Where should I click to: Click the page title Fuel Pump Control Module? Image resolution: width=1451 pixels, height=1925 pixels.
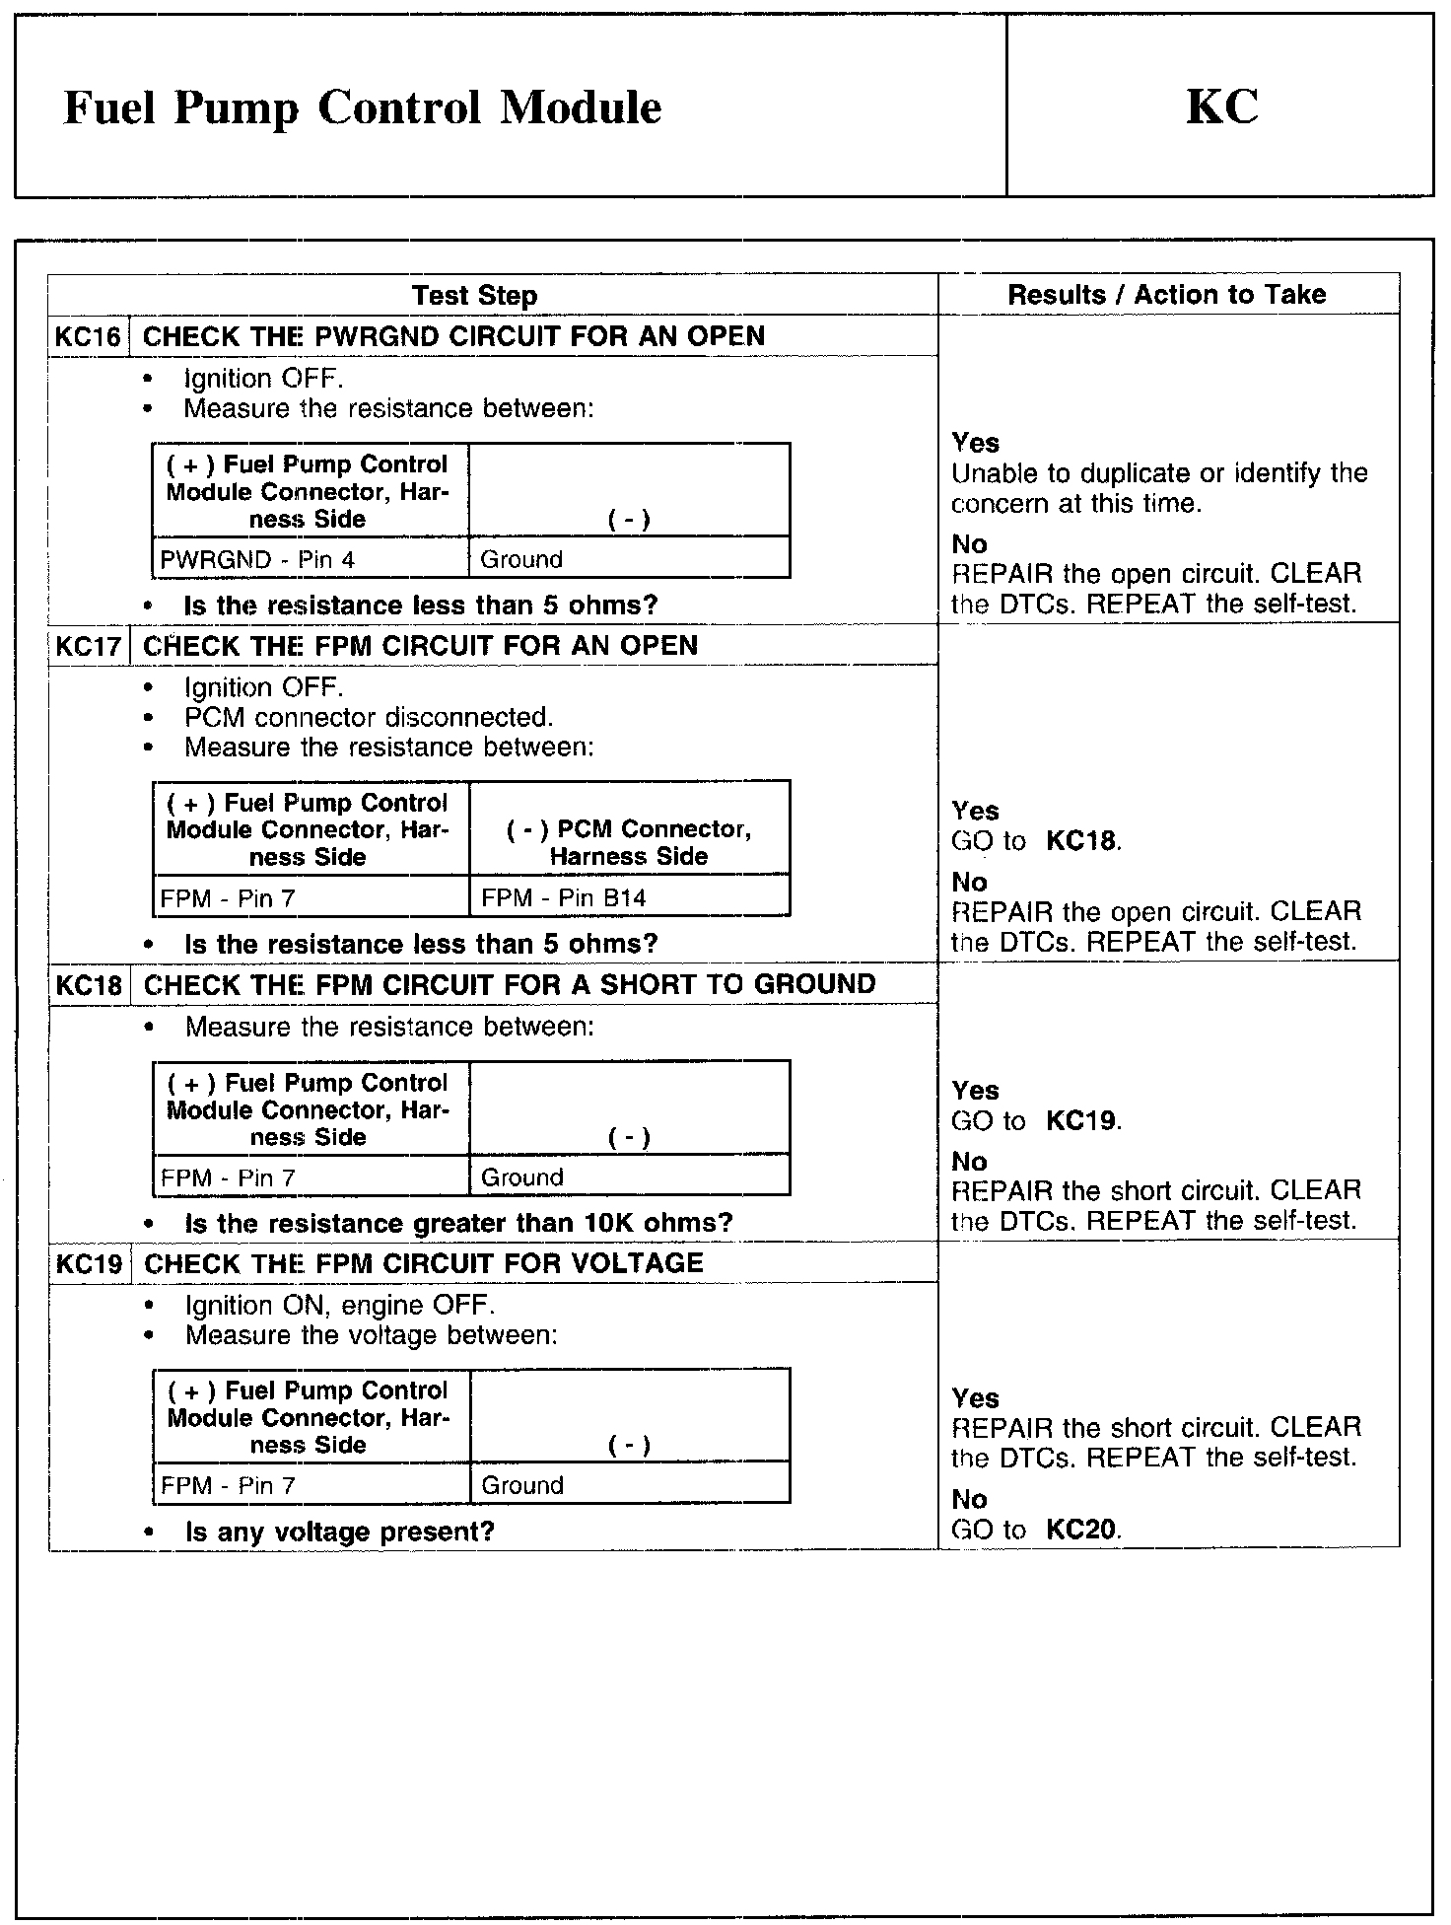click(362, 107)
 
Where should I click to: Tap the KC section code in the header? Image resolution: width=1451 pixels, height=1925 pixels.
click(1221, 107)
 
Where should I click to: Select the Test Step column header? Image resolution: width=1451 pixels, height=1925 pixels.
click(474, 295)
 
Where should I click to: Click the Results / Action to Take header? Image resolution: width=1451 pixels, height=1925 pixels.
click(1166, 294)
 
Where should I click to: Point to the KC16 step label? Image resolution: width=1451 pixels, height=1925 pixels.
click(88, 336)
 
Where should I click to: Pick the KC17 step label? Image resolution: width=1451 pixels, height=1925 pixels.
click(89, 646)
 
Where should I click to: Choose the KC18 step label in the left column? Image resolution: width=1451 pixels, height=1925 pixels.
click(89, 984)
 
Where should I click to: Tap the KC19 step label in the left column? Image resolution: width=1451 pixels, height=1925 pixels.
click(89, 1263)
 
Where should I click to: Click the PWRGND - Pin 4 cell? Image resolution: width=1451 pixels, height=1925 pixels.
click(257, 559)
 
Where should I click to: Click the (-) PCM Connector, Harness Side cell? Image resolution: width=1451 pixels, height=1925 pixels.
click(629, 842)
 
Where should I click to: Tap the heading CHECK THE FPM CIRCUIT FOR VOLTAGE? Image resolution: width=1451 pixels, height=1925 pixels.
click(423, 1263)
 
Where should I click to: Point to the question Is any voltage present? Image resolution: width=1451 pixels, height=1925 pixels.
click(339, 1532)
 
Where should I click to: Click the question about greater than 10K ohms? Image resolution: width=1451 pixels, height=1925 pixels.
click(458, 1223)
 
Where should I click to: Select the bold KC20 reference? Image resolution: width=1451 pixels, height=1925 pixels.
click(1081, 1530)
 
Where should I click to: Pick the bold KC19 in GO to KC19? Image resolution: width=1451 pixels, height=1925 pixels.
click(1081, 1121)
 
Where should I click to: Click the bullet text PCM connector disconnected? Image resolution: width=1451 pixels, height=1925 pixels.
click(369, 717)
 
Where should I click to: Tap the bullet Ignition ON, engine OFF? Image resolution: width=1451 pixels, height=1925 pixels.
click(339, 1305)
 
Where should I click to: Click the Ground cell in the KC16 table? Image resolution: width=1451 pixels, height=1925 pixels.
click(521, 559)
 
